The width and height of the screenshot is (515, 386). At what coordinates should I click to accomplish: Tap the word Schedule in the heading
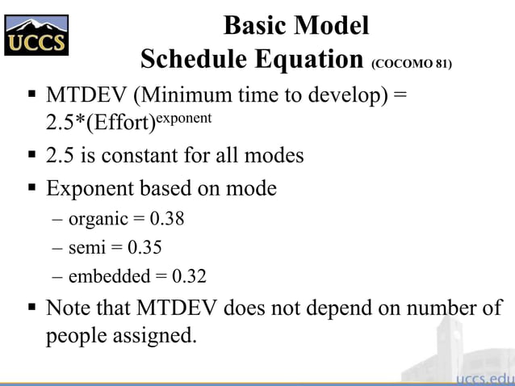pyautogui.click(x=193, y=60)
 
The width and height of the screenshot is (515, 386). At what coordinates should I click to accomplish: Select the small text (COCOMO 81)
pyautogui.click(x=411, y=64)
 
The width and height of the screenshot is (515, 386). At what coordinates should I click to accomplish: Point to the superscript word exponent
pyautogui.click(x=185, y=118)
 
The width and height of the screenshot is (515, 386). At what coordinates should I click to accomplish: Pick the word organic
pyautogui.click(x=98, y=219)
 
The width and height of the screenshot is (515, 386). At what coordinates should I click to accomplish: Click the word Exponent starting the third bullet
pyautogui.click(x=90, y=189)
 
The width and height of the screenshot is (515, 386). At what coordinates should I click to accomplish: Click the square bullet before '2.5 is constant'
pyautogui.click(x=32, y=154)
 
